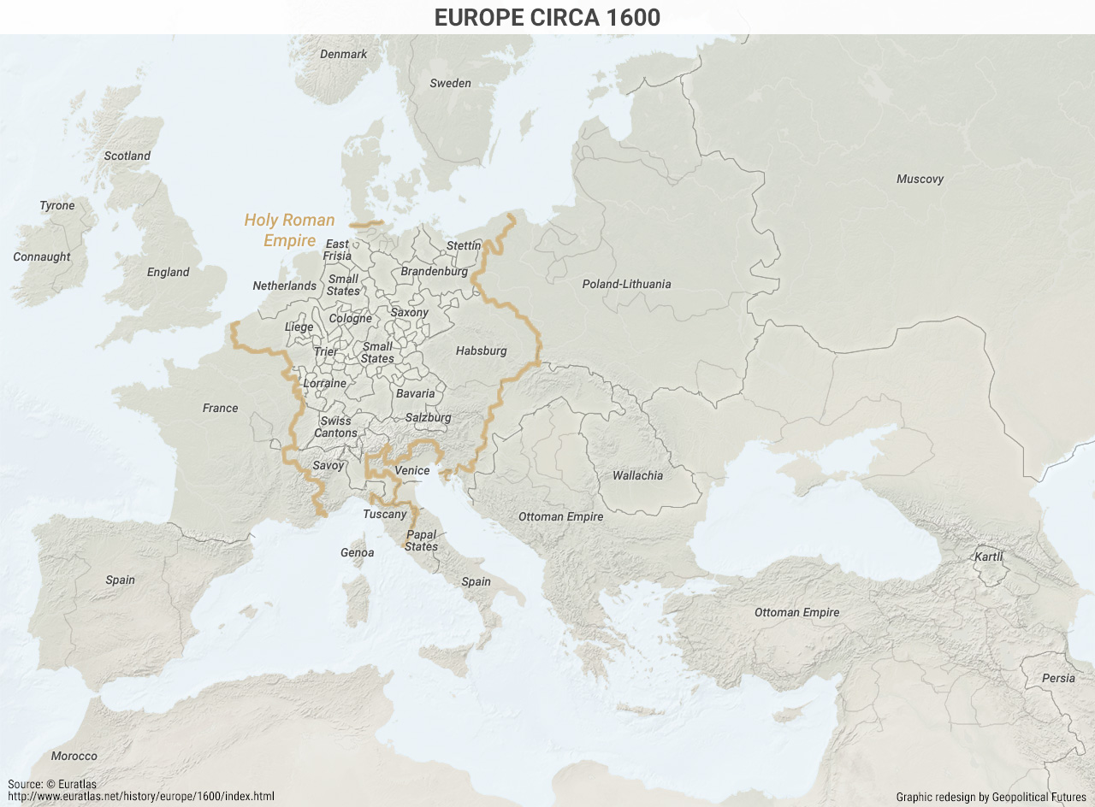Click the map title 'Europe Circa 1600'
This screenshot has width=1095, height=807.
547,17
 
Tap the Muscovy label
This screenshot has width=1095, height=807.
920,179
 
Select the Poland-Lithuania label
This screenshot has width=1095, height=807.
626,284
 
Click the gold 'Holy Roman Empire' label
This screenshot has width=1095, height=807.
289,230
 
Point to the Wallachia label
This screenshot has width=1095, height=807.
637,475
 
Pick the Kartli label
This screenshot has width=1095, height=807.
988,557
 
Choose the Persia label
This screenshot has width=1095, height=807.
1058,678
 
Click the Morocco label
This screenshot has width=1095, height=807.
74,756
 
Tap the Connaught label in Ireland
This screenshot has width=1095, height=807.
42,256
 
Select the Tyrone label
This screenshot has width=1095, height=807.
57,205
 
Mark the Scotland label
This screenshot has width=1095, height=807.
127,156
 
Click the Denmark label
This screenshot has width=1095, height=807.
343,54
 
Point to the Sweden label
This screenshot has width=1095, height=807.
450,83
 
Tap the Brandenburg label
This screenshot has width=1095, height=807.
435,271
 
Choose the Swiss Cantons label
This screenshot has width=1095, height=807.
335,427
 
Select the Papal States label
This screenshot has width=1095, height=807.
421,541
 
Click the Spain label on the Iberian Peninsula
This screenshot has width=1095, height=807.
120,580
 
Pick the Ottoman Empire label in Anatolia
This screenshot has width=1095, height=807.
796,612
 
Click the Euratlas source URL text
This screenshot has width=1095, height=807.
141,796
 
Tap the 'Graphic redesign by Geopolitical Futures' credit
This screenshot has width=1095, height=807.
991,797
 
